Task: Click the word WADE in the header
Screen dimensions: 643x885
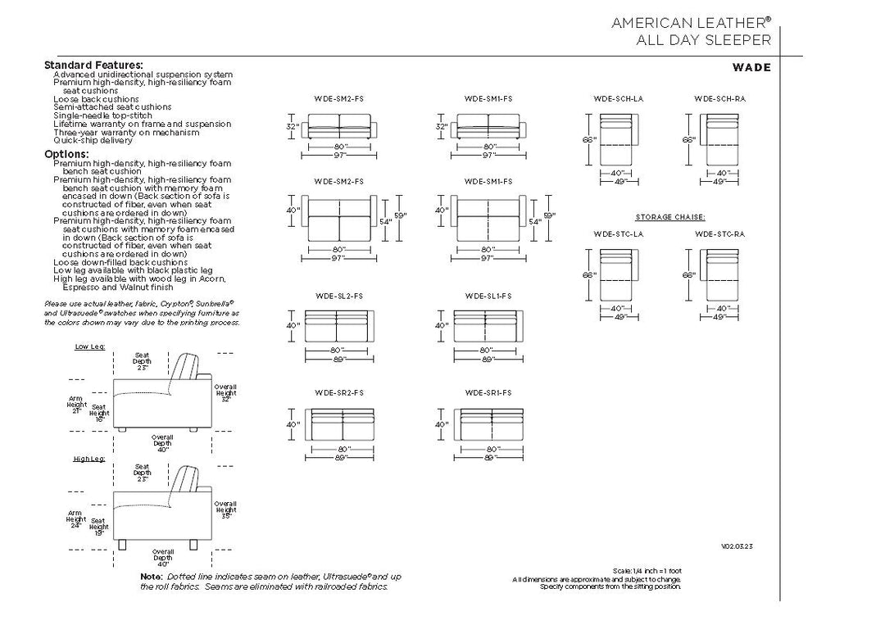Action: [752, 67]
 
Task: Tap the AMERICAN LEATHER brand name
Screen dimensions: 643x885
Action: [691, 24]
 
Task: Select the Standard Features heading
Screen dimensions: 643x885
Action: [93, 65]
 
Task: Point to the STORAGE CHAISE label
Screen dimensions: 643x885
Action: [670, 217]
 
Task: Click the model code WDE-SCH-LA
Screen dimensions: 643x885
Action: [618, 98]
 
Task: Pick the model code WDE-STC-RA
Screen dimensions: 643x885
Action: [719, 234]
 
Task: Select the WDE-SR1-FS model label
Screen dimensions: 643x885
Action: [488, 392]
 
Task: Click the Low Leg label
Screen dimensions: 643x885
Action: [90, 346]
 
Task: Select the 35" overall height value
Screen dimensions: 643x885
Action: [226, 517]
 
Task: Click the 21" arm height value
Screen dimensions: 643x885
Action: [76, 410]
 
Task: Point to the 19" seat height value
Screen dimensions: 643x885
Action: [99, 532]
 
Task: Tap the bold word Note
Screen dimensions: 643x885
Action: [151, 577]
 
